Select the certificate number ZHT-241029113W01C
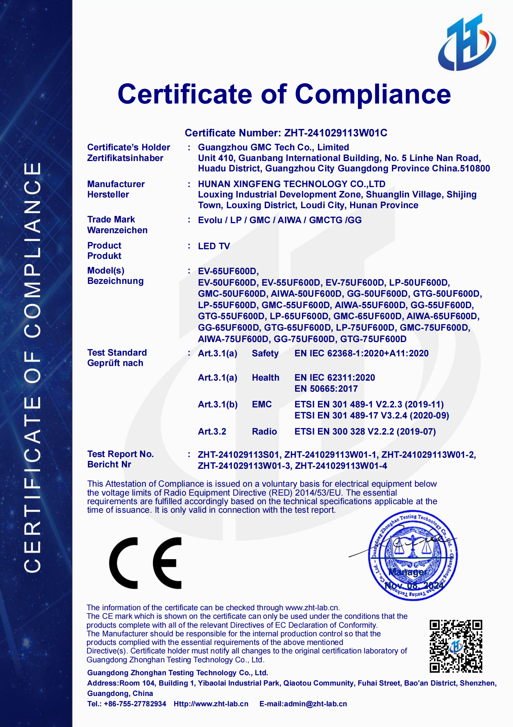[x=335, y=133]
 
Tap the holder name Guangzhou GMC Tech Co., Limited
[x=273, y=147]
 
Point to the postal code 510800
[x=475, y=169]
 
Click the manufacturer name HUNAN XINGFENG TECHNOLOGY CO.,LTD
[x=292, y=184]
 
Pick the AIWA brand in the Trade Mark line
[x=289, y=220]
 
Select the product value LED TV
[x=214, y=246]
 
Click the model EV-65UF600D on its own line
[x=228, y=271]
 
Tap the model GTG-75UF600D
[x=373, y=339]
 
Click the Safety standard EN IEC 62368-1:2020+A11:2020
[x=361, y=353]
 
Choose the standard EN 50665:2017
[x=326, y=388]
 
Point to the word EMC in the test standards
[x=262, y=404]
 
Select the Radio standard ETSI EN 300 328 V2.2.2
[x=365, y=431]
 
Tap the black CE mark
[x=145, y=563]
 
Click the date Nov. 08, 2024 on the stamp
[x=414, y=586]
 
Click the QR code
[x=455, y=646]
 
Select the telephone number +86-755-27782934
[x=135, y=704]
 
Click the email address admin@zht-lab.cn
[x=315, y=704]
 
